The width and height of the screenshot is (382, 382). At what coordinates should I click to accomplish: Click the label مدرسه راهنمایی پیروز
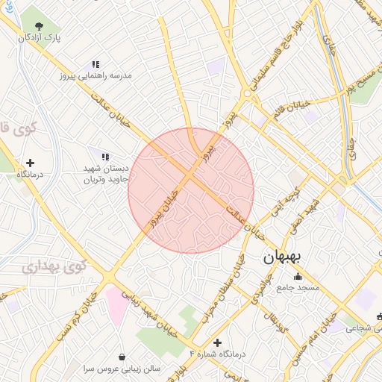(100, 76)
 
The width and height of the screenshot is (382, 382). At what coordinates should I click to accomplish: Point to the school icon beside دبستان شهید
(105, 157)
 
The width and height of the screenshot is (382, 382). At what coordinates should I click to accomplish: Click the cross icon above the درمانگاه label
(30, 163)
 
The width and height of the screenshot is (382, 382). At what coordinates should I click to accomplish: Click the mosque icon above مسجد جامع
(298, 277)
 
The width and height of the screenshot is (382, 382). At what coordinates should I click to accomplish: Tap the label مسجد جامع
(298, 288)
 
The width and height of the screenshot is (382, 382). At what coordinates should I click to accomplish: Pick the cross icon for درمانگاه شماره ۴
(217, 342)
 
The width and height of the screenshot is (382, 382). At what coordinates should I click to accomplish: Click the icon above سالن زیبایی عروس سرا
(122, 357)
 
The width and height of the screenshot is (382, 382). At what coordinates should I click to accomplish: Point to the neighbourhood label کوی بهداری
(54, 266)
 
